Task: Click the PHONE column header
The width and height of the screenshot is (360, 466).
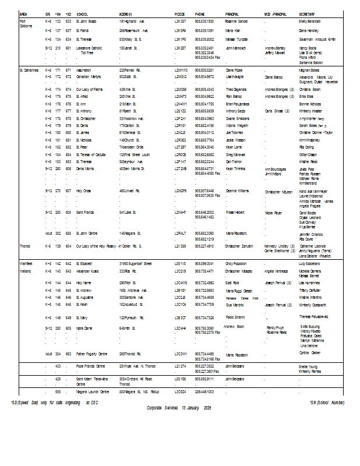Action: [x=200, y=13]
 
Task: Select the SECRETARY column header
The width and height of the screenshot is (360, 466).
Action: [x=308, y=13]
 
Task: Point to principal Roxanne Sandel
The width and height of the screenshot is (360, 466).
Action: [x=237, y=21]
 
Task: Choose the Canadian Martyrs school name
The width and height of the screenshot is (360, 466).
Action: [x=89, y=77]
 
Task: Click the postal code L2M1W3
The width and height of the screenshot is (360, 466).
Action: [x=181, y=70]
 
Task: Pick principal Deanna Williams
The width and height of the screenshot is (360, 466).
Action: [x=237, y=190]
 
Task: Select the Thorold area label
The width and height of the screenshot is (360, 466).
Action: [x=26, y=246]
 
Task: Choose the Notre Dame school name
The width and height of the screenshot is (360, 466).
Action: [x=85, y=328]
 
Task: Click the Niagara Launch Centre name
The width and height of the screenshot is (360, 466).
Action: [x=93, y=392]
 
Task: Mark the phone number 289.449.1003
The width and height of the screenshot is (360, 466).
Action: [x=204, y=392]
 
